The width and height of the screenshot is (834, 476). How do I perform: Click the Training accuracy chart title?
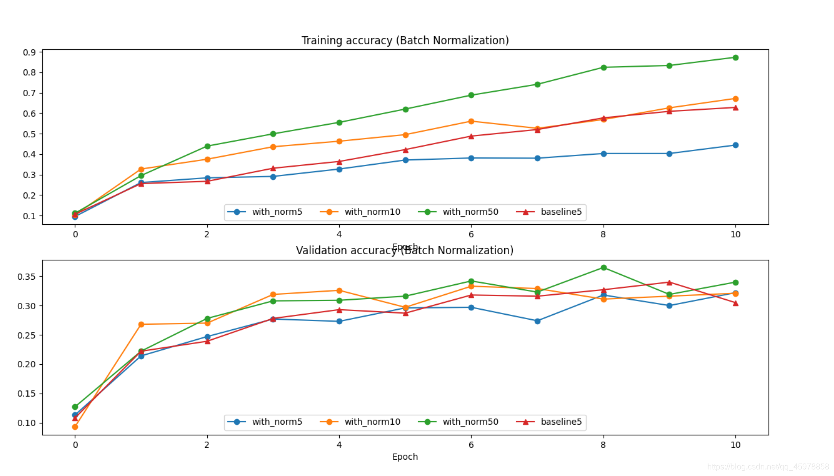point(405,40)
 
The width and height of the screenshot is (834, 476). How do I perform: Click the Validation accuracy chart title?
point(404,250)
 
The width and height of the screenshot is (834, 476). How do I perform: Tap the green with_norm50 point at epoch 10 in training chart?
point(735,58)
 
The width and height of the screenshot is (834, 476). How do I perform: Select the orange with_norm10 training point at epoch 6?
point(471,121)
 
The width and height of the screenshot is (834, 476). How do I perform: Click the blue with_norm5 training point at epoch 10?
point(735,145)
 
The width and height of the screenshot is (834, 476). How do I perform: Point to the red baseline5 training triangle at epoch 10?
point(735,108)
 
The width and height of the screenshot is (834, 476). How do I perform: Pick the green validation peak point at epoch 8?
point(603,268)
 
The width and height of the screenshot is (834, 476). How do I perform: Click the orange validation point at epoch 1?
point(141,324)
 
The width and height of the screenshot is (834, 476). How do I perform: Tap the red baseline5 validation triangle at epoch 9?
point(669,283)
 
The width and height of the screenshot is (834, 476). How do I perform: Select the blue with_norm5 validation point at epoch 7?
point(537,321)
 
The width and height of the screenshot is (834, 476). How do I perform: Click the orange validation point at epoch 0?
point(75,427)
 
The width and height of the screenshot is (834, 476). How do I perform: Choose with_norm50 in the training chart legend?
point(470,212)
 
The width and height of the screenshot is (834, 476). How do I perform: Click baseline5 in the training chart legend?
point(561,212)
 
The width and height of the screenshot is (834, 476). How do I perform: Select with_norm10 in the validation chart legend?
point(372,422)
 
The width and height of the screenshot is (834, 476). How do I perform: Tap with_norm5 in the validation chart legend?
point(277,422)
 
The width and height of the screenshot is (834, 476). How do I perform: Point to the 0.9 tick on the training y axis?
point(29,52)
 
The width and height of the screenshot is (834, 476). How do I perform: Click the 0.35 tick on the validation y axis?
point(27,277)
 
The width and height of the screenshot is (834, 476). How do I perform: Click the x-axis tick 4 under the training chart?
point(339,234)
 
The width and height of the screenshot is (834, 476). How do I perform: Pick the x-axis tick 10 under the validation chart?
point(735,445)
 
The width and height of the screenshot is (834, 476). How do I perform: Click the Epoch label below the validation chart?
point(405,457)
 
